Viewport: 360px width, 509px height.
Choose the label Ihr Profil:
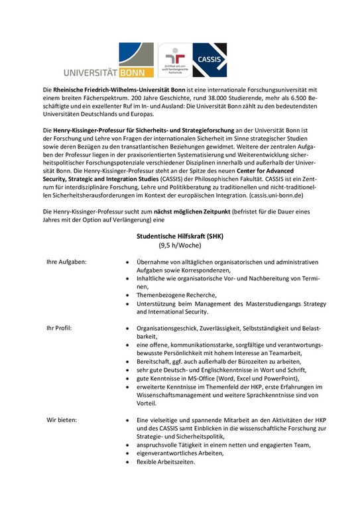click(59, 327)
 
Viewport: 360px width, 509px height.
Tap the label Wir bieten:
click(61, 420)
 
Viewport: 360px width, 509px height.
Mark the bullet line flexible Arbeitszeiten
click(166, 461)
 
